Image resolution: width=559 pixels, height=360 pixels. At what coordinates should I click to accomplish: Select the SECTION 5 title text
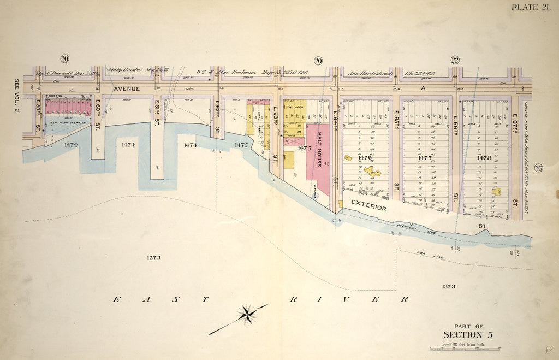[x=467, y=335]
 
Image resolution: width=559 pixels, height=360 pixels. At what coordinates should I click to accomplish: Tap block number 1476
[x=364, y=158]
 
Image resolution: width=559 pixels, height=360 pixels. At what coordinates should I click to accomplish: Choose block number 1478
[x=483, y=158]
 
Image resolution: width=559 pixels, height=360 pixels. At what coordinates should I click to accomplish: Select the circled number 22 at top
[x=455, y=60]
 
